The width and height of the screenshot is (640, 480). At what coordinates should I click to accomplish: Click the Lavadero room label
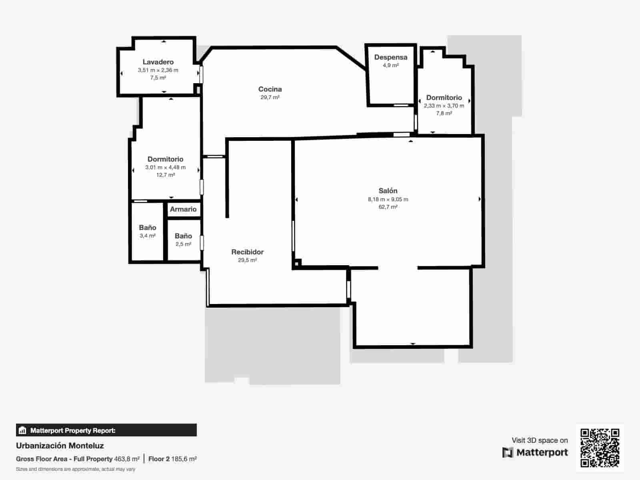click(158, 62)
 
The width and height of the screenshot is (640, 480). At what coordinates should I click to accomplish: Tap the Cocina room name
click(270, 89)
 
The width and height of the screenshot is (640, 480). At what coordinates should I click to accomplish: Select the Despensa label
click(391, 57)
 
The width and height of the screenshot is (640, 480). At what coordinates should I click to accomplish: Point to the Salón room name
click(388, 191)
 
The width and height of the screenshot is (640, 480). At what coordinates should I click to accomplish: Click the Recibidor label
click(247, 252)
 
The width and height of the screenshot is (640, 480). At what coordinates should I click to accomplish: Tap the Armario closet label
click(183, 209)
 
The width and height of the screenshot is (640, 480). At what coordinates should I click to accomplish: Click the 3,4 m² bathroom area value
click(148, 236)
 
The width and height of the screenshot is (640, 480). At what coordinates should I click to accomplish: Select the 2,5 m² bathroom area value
click(183, 244)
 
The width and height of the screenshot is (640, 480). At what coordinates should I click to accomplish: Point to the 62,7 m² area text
click(388, 207)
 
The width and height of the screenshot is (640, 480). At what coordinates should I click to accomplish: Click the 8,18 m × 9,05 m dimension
click(388, 199)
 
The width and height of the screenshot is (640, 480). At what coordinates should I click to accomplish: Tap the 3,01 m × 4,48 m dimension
click(165, 168)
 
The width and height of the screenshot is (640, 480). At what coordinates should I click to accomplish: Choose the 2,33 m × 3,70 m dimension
click(444, 106)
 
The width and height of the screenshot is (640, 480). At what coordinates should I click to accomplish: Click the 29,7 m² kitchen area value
click(270, 97)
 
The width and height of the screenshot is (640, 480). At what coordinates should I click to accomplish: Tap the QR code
click(600, 448)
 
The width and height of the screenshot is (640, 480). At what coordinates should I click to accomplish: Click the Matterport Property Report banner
click(106, 430)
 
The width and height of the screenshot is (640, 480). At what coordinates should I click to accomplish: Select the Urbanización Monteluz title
click(60, 446)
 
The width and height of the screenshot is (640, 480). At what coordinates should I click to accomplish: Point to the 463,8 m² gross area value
click(127, 459)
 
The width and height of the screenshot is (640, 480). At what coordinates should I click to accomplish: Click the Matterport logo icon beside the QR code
click(508, 452)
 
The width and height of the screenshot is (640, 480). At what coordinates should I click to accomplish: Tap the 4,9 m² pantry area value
click(391, 65)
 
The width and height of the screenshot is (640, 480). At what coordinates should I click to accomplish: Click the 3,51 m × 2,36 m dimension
click(158, 70)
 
